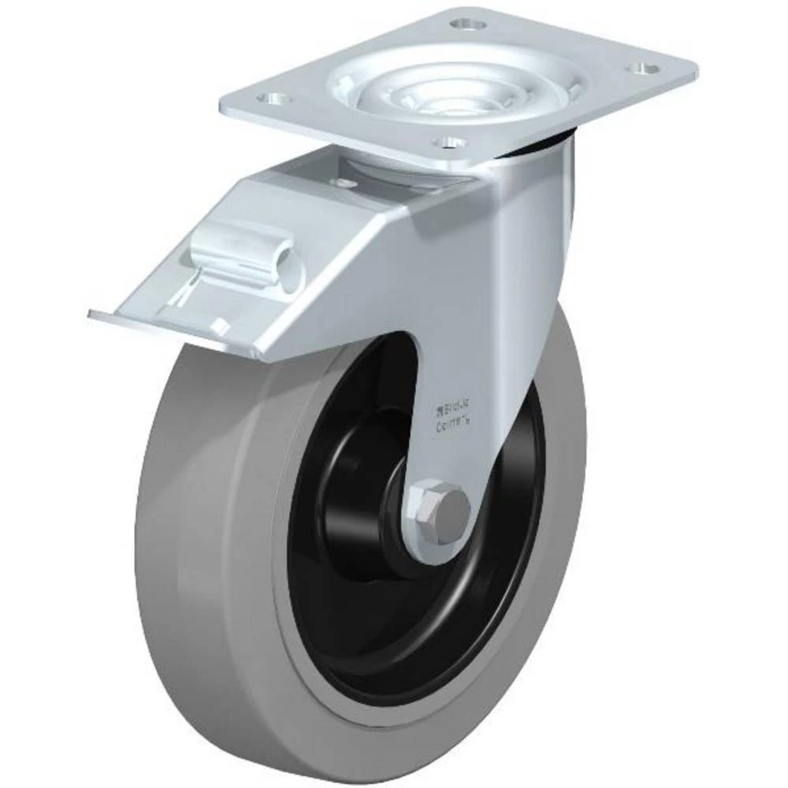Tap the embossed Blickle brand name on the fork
452,407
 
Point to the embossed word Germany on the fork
452,426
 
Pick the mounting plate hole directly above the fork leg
451,143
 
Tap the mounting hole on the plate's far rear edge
470,24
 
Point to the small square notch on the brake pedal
223,327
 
